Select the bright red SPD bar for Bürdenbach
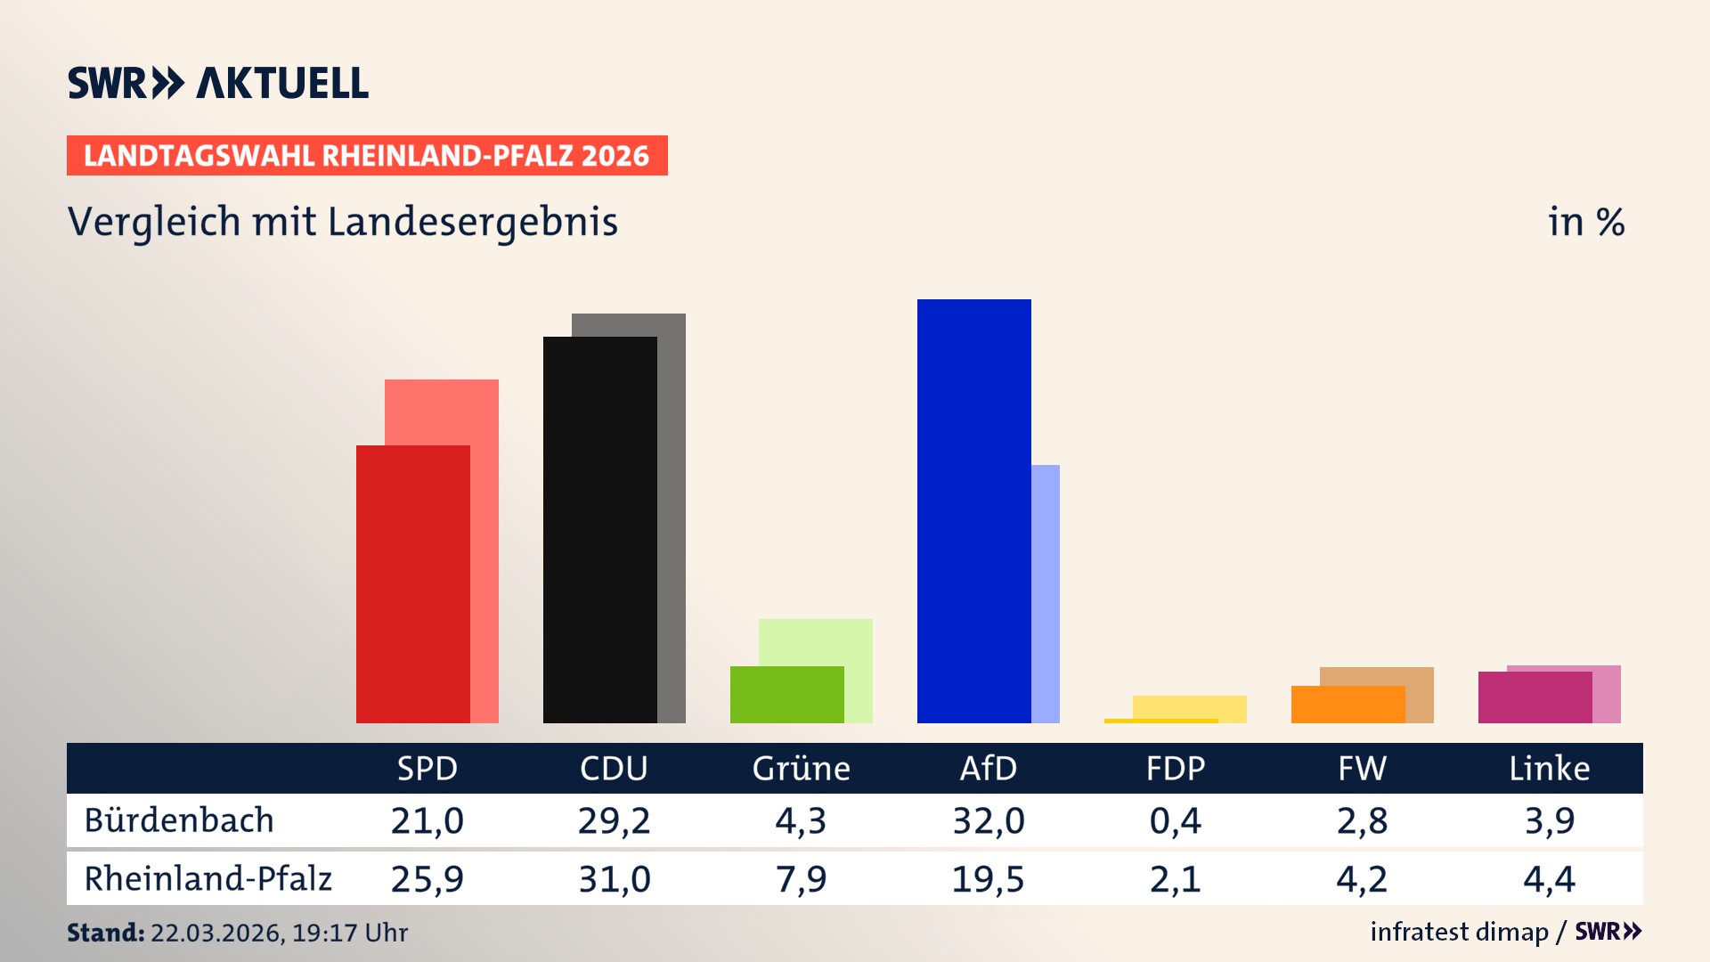point(412,583)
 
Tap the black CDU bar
point(599,529)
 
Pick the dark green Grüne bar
point(786,694)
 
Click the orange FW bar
point(1348,704)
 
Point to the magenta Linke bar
point(1535,697)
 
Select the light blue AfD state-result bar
point(1046,592)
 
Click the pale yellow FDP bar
point(1189,706)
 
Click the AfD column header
point(988,768)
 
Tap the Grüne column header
point(801,768)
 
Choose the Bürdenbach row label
point(179,820)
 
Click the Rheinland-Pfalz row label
point(208,878)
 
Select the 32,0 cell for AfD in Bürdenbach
point(988,820)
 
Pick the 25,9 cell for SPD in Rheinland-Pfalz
point(427,878)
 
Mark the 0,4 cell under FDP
point(1175,820)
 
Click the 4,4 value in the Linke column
point(1549,878)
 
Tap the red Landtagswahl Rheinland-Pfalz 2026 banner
point(367,156)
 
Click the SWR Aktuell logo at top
point(218,83)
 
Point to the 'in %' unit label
point(1585,222)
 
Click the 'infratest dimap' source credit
point(1458,932)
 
